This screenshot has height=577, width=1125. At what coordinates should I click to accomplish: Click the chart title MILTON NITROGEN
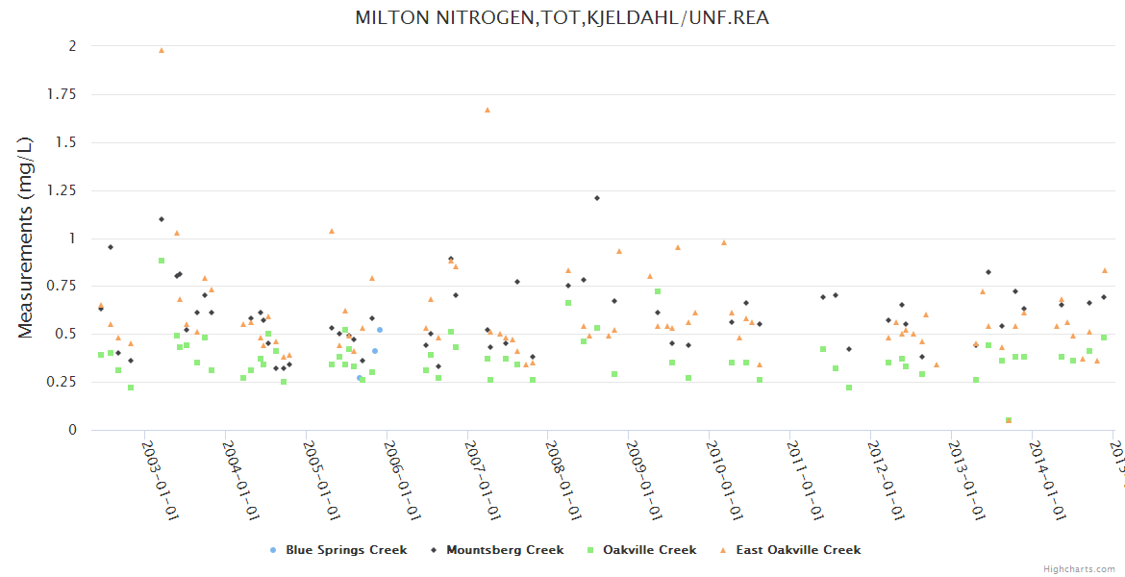[x=562, y=18]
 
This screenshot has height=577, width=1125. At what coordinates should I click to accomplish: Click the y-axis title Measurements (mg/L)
[x=26, y=238]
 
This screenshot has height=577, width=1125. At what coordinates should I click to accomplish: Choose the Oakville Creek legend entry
[x=649, y=550]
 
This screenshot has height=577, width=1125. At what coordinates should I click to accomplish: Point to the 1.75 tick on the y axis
[x=61, y=94]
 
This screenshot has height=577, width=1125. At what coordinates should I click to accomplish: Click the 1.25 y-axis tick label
[x=61, y=190]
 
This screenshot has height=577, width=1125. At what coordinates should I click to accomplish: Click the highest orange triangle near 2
[x=162, y=50]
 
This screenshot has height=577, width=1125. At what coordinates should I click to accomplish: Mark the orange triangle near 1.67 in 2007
[x=487, y=110]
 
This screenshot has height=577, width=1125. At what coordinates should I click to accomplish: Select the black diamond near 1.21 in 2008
[x=597, y=198]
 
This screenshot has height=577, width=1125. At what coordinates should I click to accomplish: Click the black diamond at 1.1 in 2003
[x=162, y=219]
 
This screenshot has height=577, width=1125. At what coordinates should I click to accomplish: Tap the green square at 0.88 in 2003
[x=162, y=261]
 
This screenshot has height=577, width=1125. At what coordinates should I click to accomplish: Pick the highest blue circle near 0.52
[x=380, y=330]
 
